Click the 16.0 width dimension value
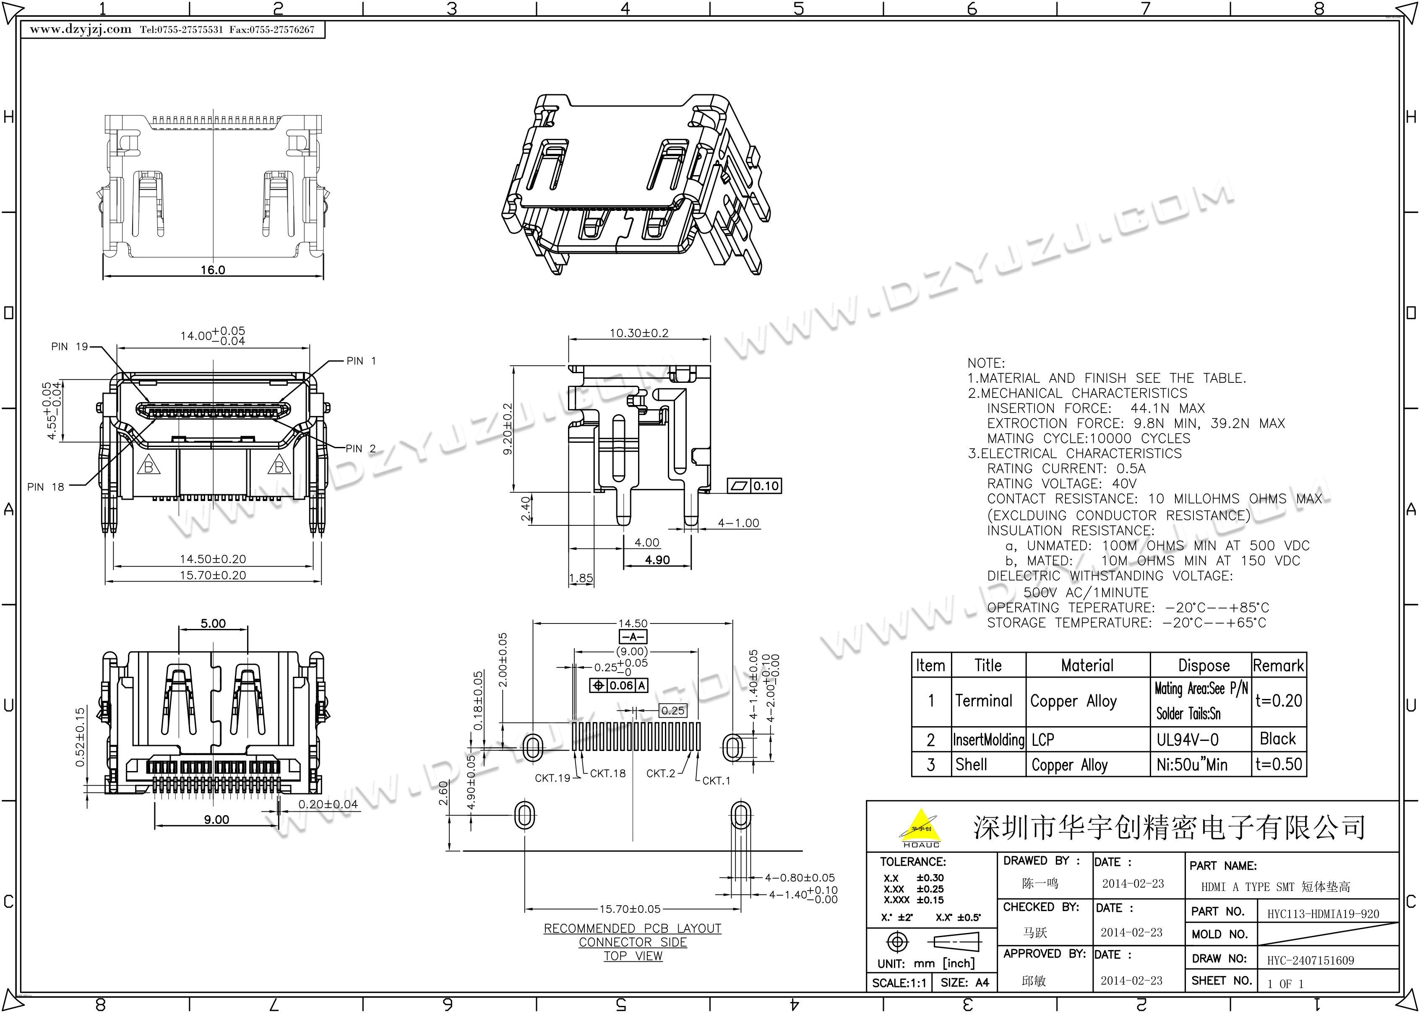tap(213, 270)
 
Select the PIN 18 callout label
tap(46, 487)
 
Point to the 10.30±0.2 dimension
tap(639, 333)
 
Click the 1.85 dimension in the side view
tap(581, 578)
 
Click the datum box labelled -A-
tap(633, 637)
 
